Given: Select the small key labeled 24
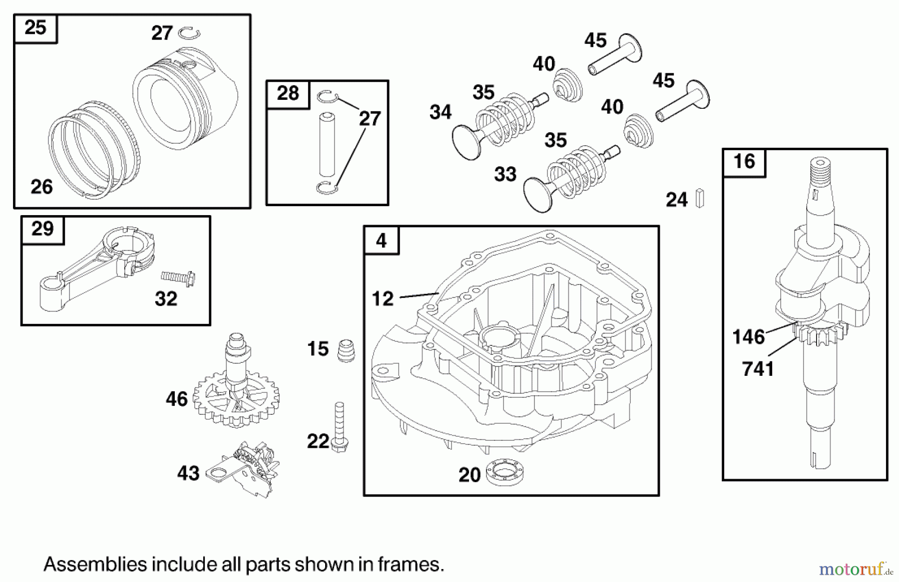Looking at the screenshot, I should coord(700,198).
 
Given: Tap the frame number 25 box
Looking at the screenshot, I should coord(35,28).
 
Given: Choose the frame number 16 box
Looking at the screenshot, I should coord(744,162).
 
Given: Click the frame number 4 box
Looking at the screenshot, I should coord(381,241).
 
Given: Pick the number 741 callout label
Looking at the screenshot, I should coord(758,369).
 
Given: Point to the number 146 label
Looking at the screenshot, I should coord(748,337).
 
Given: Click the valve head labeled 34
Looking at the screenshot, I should coord(466,142).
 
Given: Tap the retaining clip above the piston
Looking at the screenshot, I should coord(190,32).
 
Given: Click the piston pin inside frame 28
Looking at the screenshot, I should coord(327,145).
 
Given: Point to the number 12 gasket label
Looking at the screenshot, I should coord(383,298).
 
